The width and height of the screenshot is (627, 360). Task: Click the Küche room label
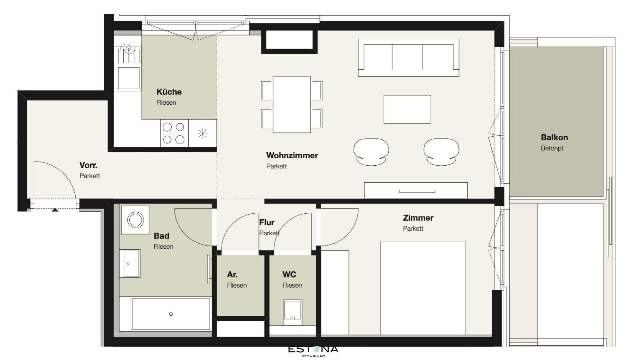[169, 92]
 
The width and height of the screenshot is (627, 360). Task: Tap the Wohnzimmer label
[292, 155]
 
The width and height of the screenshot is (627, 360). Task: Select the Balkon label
[554, 137]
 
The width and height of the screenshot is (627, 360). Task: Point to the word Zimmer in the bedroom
[418, 218]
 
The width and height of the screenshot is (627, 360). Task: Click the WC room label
[289, 275]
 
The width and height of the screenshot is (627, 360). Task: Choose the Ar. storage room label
[232, 275]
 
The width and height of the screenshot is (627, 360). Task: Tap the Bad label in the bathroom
[161, 236]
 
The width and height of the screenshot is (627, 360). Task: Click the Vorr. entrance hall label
[88, 165]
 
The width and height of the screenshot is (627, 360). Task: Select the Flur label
[267, 222]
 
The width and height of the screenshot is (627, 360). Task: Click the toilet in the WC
[292, 313]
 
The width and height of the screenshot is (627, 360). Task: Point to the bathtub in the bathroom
[171, 314]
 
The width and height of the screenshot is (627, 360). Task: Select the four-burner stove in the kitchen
[174, 133]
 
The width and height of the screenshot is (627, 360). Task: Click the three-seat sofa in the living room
[409, 58]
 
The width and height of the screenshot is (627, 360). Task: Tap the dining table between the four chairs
[292, 104]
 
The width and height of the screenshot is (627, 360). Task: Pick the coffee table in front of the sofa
[407, 109]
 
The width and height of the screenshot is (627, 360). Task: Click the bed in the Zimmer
[423, 288]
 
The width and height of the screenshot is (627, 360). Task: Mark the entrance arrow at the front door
[55, 210]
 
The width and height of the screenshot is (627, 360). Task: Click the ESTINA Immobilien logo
[313, 350]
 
